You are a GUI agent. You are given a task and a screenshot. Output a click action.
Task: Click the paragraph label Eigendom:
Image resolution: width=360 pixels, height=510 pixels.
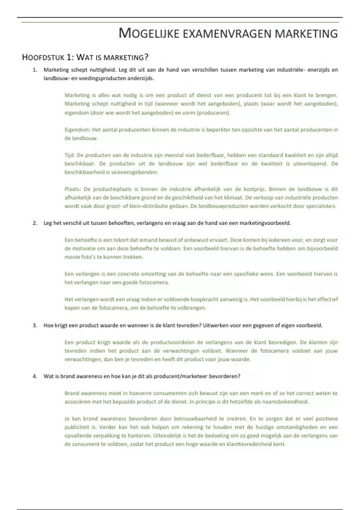coord(77,130)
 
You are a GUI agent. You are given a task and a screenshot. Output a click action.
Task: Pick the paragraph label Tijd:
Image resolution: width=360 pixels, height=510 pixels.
coord(70,155)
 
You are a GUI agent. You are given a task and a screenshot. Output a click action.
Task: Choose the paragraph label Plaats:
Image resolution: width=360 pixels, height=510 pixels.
coord(73,189)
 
